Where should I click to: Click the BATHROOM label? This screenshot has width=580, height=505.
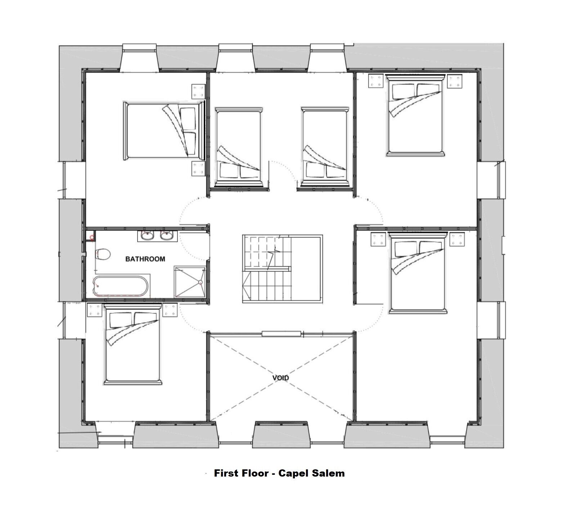[145, 259]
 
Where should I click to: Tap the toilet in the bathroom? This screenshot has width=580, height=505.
[103, 254]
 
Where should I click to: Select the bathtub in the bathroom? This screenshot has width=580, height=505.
[121, 286]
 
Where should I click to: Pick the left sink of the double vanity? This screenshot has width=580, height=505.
[147, 236]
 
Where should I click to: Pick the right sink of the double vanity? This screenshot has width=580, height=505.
[166, 236]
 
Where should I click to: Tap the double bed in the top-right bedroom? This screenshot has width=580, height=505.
[415, 115]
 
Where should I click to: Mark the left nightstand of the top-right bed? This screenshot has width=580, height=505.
[376, 81]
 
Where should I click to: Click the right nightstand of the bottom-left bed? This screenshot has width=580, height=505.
[170, 310]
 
